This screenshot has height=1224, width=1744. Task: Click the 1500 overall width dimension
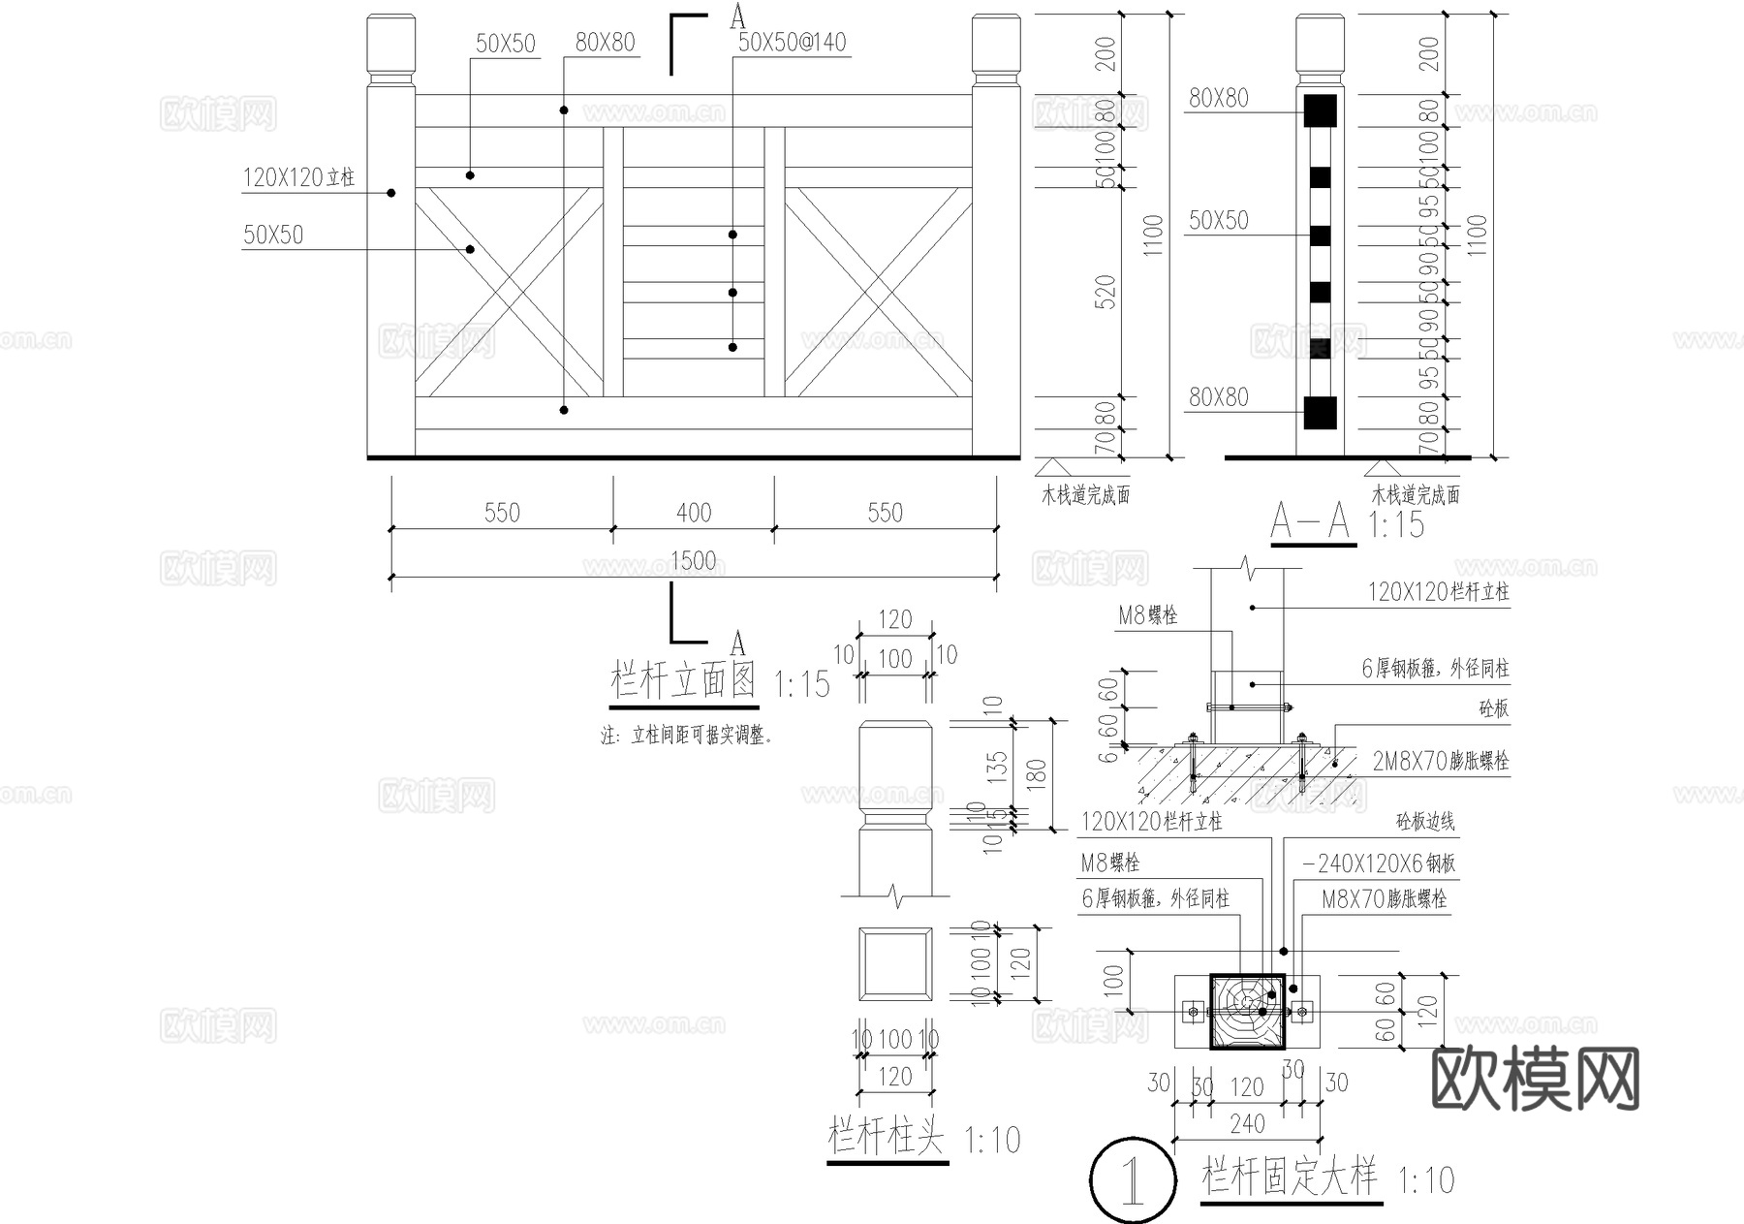tap(693, 560)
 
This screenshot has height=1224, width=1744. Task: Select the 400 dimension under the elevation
tap(694, 512)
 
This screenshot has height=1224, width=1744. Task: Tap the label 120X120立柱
tap(298, 177)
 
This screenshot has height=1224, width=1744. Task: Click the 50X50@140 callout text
tap(792, 43)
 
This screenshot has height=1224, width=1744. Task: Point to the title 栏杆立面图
tap(683, 680)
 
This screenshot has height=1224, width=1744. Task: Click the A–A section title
tap(1312, 522)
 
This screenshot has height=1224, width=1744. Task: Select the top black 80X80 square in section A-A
tap(1320, 110)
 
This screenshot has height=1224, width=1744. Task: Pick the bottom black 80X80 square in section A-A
tap(1320, 413)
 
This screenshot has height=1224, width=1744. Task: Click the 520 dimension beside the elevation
tap(1106, 292)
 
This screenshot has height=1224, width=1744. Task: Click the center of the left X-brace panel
tap(509, 292)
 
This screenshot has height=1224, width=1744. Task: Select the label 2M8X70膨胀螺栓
tap(1440, 762)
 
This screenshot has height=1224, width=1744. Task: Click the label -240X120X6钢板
tap(1379, 863)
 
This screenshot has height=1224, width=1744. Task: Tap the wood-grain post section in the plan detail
tap(1247, 1013)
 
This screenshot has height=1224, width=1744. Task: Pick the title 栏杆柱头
tap(886, 1136)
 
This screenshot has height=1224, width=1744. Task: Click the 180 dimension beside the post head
tap(1036, 773)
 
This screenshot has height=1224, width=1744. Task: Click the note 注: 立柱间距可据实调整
tap(687, 737)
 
